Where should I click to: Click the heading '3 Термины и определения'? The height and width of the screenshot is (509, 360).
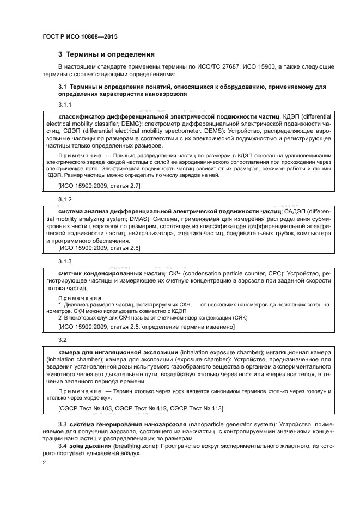[106, 54]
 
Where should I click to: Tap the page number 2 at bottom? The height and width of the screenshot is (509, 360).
[45, 462]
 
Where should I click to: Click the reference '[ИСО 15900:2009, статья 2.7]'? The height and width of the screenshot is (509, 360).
[99, 186]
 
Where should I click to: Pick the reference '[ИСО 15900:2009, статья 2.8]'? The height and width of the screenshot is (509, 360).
[99, 248]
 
